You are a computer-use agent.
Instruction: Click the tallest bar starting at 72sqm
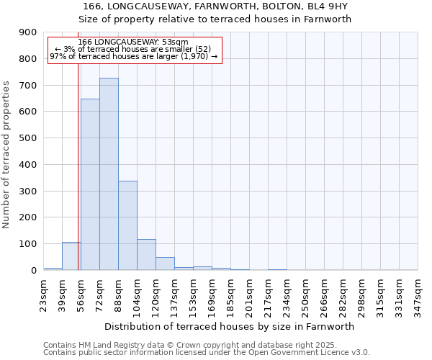(x=109, y=174)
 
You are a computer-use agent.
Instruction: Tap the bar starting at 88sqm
(x=127, y=225)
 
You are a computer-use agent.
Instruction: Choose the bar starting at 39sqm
(x=71, y=256)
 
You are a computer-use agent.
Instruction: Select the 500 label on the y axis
(x=28, y=138)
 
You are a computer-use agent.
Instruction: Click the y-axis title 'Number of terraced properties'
(x=7, y=155)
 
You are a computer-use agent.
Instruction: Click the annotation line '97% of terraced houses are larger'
(x=134, y=56)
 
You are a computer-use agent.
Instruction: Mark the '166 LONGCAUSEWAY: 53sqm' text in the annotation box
(x=134, y=42)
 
